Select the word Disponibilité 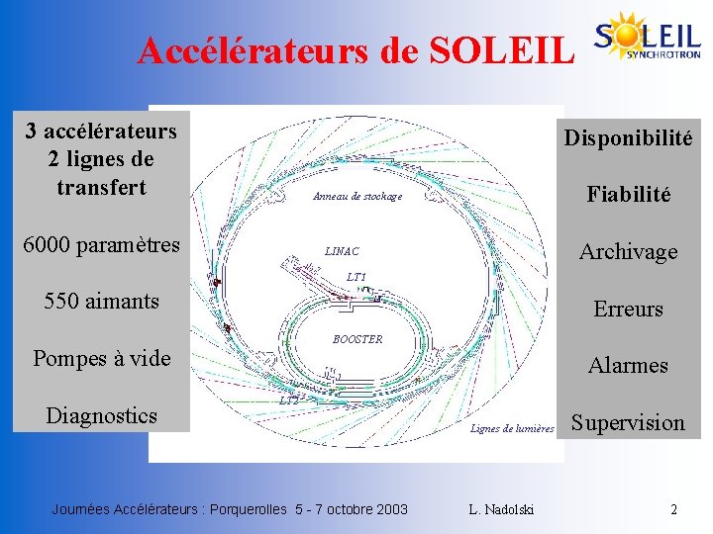[628, 137]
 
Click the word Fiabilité [628, 195]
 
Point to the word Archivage [628, 252]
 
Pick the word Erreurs [628, 310]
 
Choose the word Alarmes [628, 366]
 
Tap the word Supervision [628, 423]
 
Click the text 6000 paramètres [101, 243]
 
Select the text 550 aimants [101, 301]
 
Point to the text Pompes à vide [101, 358]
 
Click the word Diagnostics [101, 415]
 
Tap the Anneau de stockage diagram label [357, 197]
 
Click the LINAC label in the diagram [342, 251]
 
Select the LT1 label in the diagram [356, 276]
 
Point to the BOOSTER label [357, 339]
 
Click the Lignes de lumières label [512, 428]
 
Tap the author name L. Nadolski [501, 509]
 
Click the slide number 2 [673, 509]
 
